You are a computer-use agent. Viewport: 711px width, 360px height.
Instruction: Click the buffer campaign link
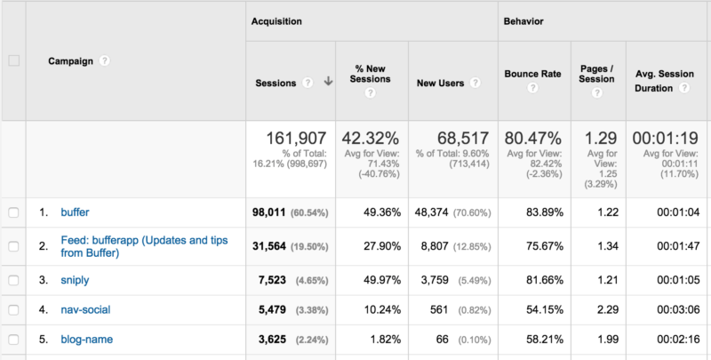[x=75, y=212]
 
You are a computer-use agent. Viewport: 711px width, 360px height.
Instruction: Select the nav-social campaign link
[x=85, y=310]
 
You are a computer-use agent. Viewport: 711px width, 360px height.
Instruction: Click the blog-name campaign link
[x=86, y=340]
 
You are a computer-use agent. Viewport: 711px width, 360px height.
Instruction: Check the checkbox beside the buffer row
[x=12, y=212]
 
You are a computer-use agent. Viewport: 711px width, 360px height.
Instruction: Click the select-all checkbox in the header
[x=12, y=60]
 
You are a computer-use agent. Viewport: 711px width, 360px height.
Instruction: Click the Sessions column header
[x=276, y=83]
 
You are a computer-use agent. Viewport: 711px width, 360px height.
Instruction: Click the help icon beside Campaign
[x=105, y=61]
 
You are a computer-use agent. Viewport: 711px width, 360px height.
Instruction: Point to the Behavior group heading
[x=523, y=20]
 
